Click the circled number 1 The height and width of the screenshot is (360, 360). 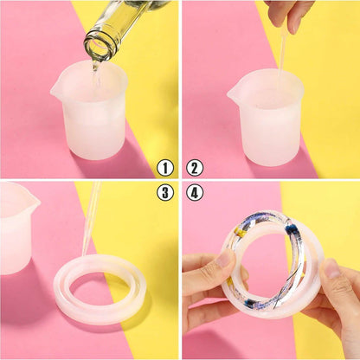[165, 168]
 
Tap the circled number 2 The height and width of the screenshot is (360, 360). [195, 168]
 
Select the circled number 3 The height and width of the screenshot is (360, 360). [165, 192]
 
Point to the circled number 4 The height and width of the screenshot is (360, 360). [195, 192]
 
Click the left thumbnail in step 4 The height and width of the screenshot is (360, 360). [224, 259]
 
